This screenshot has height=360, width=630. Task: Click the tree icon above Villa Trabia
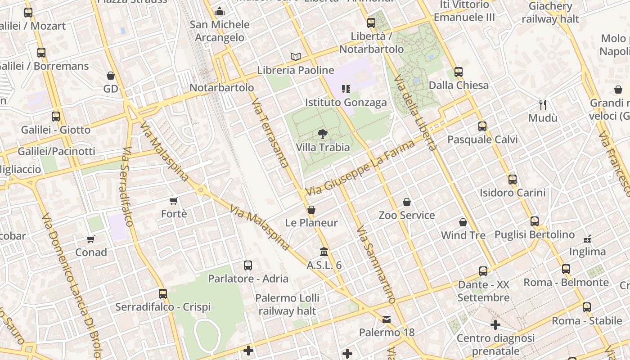pos(322,133)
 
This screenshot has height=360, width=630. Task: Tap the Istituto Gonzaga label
pos(346,103)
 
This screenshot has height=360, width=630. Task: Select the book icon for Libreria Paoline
pos(296,57)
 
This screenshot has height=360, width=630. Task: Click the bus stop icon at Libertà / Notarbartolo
pos(371,22)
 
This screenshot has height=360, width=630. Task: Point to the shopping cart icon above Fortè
pos(174,200)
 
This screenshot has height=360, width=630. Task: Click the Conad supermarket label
pos(91,252)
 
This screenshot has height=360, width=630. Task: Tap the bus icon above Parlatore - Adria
pos(248,265)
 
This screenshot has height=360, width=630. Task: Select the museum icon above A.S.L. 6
pos(324,252)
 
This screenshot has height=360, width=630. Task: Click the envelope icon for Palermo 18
pos(387,319)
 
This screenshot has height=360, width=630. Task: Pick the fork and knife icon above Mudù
pos(543,105)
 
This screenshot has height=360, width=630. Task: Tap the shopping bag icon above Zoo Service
pos(407,202)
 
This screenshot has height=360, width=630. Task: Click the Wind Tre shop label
pos(463,235)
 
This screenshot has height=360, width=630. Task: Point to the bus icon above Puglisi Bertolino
pos(535,221)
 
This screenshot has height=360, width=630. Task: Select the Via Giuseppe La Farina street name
pos(360,168)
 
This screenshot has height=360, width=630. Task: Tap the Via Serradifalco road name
pos(127,187)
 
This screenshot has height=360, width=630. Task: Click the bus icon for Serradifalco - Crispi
pos(163,294)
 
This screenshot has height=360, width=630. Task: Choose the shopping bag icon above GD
pos(111,76)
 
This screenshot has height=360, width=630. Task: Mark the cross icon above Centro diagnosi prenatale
pos(495,324)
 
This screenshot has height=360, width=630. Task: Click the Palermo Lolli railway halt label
pos(288,304)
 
